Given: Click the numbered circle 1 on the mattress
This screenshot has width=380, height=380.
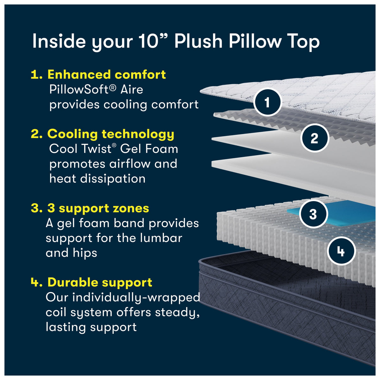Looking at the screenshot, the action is coord(267,102).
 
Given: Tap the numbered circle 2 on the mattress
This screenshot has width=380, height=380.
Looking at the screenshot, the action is coord(315,138).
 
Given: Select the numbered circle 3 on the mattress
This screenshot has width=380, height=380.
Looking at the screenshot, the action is coord(313,214).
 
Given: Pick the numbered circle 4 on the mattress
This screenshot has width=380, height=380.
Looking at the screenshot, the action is coord(341,251).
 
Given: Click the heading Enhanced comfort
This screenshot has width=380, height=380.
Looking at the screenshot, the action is coord(106,74).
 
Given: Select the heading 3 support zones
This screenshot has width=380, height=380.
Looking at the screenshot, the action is coord(98,208).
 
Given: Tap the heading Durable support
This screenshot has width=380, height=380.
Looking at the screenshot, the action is coord(100,282).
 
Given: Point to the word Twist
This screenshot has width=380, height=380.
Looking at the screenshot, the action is coord(98,149).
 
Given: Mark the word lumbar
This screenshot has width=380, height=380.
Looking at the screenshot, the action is coord(161,238).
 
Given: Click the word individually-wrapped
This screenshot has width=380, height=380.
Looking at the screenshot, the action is coord(136,298).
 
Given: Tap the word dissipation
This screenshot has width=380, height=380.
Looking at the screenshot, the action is coord(113,179).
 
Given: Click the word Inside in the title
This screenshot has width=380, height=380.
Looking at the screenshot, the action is coord(59,41).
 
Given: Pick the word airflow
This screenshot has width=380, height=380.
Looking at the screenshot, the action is coord(130,163).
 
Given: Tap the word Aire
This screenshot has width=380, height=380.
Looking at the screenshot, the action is coord(132,89).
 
